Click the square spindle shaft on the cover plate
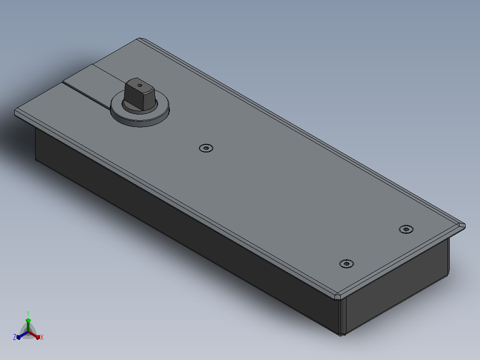coord(139,94)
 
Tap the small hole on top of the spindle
coord(140,86)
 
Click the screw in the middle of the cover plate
coord(206,148)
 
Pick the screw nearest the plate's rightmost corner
coord(406,229)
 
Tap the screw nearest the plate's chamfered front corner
coord(346,263)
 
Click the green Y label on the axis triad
coord(28,313)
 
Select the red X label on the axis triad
coord(42,337)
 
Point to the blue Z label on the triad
coord(15,337)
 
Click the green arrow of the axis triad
coord(28,325)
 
